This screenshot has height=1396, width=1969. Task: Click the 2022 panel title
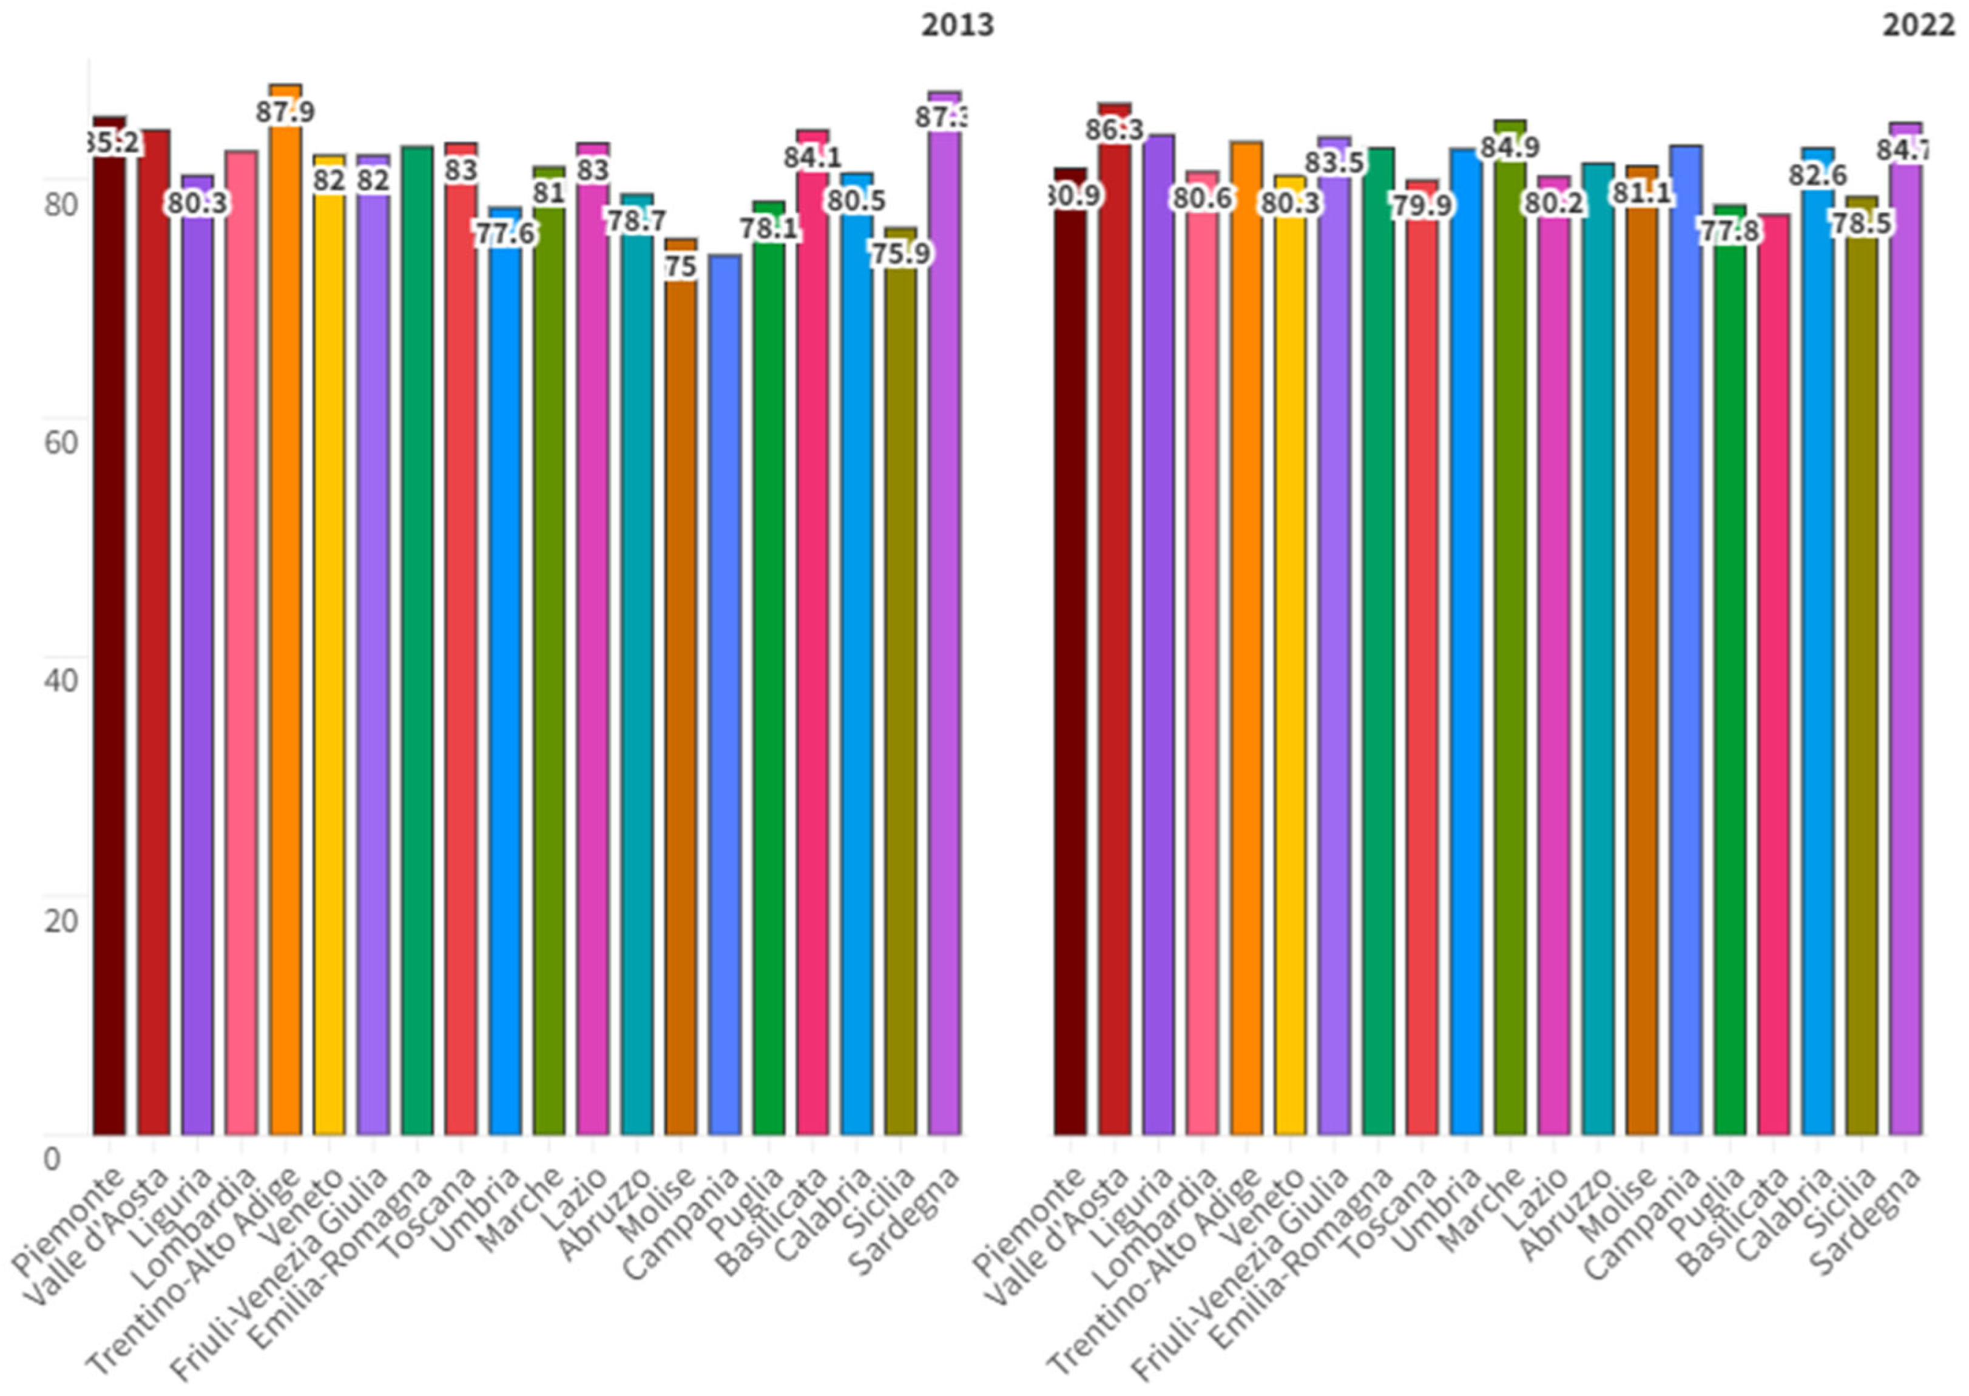1918,25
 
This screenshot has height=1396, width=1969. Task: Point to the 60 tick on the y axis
60,442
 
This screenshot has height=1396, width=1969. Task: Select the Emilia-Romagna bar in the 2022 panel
1378,645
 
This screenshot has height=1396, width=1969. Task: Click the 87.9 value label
285,112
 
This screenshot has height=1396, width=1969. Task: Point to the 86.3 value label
1114,130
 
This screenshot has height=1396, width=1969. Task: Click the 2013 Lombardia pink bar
241,645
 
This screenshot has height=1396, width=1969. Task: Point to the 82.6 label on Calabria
1818,175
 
